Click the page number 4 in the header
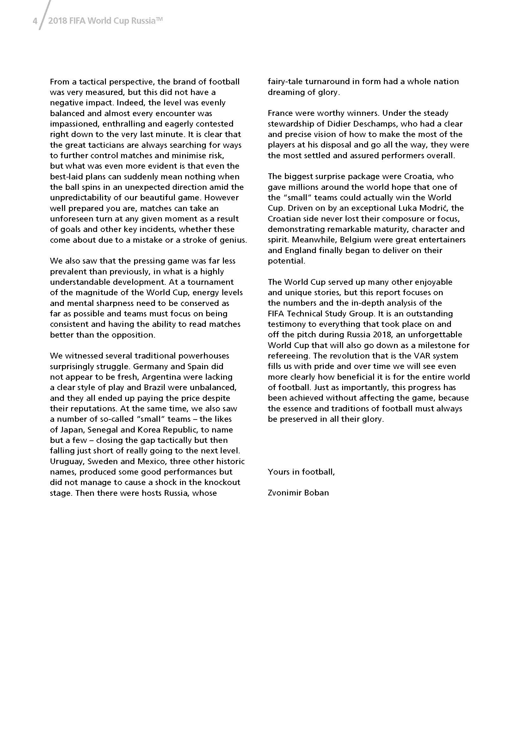[x=35, y=21]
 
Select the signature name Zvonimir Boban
[x=298, y=493]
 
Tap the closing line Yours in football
[x=301, y=472]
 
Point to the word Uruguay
[x=67, y=461]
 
